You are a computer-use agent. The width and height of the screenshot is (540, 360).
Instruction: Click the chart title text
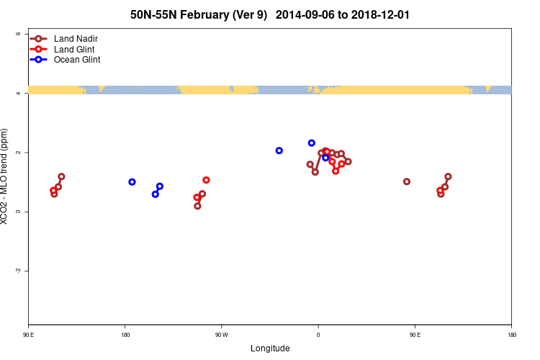pyautogui.click(x=270, y=14)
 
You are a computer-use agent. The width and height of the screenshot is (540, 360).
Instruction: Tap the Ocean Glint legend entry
pyautogui.click(x=76, y=60)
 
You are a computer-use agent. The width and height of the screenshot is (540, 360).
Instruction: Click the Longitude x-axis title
pyautogui.click(x=270, y=348)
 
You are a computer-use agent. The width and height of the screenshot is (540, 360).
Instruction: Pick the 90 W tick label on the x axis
pyautogui.click(x=221, y=335)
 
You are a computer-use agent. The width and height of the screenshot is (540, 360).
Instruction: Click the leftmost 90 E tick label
pyautogui.click(x=28, y=335)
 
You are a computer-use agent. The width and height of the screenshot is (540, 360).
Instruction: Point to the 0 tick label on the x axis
pyautogui.click(x=318, y=335)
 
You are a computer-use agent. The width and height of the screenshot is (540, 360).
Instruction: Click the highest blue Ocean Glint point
pyautogui.click(x=312, y=143)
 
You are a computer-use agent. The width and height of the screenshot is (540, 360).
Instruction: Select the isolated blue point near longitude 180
pyautogui.click(x=132, y=182)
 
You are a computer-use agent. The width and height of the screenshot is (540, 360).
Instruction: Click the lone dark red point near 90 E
pyautogui.click(x=407, y=181)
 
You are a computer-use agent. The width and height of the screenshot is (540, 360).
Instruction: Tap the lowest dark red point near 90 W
pyautogui.click(x=197, y=206)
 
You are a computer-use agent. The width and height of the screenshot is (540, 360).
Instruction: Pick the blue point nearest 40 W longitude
pyautogui.click(x=279, y=150)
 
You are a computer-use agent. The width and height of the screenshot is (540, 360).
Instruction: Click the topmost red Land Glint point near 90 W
pyautogui.click(x=206, y=180)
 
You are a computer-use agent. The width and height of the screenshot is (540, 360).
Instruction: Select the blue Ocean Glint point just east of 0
pyautogui.click(x=325, y=158)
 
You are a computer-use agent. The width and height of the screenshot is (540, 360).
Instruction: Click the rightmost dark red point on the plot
pyautogui.click(x=448, y=176)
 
